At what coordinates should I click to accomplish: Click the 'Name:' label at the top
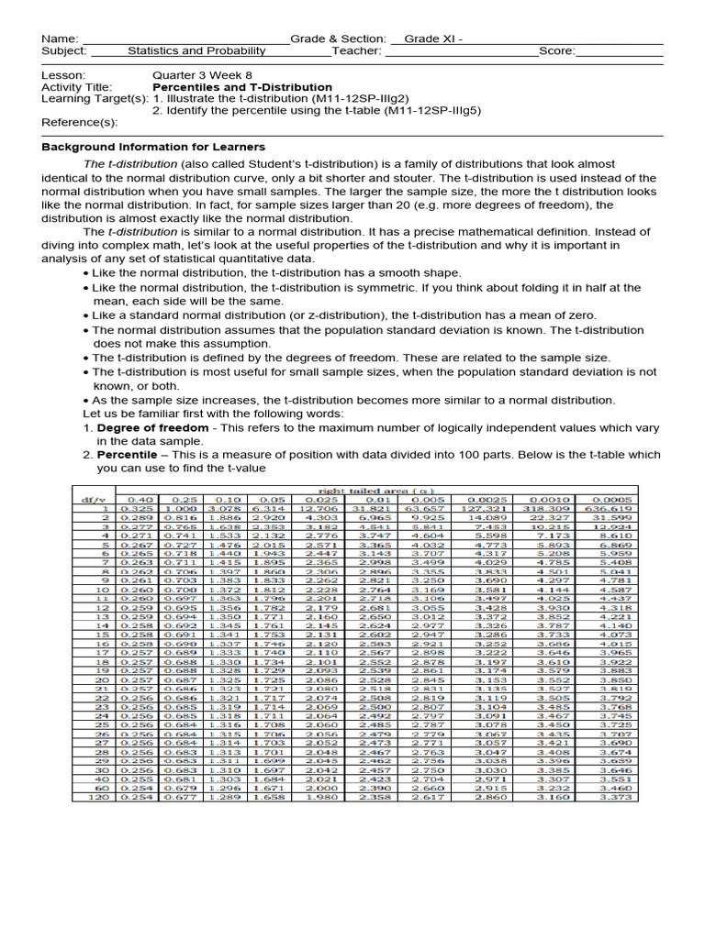[61, 39]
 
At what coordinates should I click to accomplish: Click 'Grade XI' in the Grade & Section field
[428, 39]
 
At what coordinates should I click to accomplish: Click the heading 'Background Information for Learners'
[153, 147]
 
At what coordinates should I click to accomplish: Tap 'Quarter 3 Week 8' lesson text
[202, 75]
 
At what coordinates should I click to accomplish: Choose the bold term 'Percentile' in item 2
[127, 454]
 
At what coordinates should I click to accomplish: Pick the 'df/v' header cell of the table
[93, 499]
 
